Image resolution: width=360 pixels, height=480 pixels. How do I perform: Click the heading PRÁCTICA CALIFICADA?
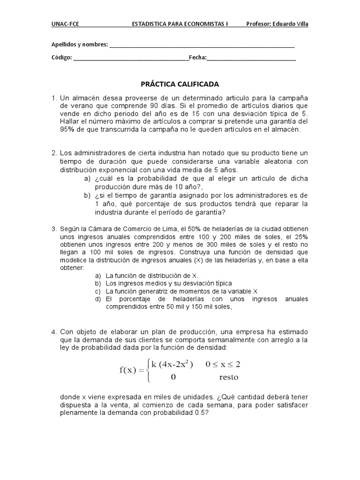coord(180,84)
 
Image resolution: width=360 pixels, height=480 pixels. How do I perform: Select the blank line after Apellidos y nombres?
coord(202,45)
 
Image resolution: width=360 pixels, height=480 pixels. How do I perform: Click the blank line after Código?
coord(131,58)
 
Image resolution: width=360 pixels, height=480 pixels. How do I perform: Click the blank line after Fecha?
coord(251,58)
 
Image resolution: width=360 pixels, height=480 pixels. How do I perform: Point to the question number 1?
coord(54,97)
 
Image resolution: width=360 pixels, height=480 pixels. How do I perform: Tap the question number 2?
coord(54,153)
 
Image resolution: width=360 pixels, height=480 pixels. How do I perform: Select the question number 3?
coord(54,229)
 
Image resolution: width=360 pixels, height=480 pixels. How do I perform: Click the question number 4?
coord(54,332)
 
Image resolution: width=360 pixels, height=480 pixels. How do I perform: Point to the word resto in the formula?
coord(229,377)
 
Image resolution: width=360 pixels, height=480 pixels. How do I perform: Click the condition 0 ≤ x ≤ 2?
coord(228,364)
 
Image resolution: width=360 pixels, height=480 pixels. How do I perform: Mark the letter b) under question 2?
coord(87,195)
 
